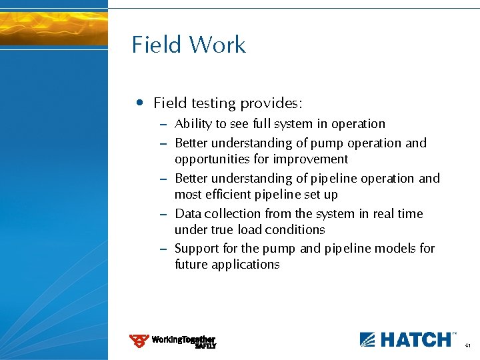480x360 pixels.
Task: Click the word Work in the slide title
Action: point(217,45)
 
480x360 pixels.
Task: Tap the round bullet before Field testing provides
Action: point(138,103)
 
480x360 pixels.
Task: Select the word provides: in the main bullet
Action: point(271,103)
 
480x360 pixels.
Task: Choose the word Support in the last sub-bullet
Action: point(195,249)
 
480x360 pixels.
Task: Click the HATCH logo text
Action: point(416,339)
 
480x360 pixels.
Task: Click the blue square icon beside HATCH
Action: point(368,339)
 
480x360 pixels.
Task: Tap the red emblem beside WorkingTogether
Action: point(139,341)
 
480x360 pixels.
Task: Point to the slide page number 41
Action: point(468,345)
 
